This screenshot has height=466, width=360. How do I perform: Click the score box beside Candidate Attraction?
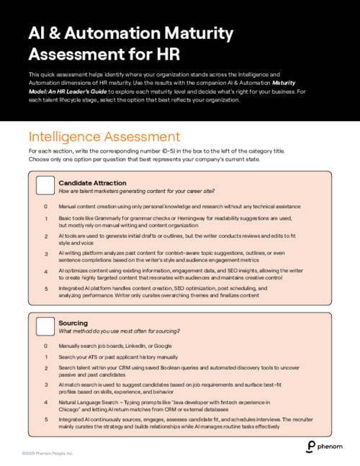coord(45,186)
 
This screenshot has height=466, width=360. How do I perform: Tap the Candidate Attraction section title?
coord(92,183)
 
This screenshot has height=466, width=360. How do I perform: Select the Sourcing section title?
coord(73,323)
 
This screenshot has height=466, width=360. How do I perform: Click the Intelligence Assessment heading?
coord(104,136)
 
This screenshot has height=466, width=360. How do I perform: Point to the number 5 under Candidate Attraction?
coord(45,288)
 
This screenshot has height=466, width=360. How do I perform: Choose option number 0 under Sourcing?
coord(45,346)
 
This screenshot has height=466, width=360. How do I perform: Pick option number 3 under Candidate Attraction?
coord(45,254)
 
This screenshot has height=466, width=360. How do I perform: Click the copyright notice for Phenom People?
coord(48,453)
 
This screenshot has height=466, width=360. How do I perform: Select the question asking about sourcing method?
coord(119,331)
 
